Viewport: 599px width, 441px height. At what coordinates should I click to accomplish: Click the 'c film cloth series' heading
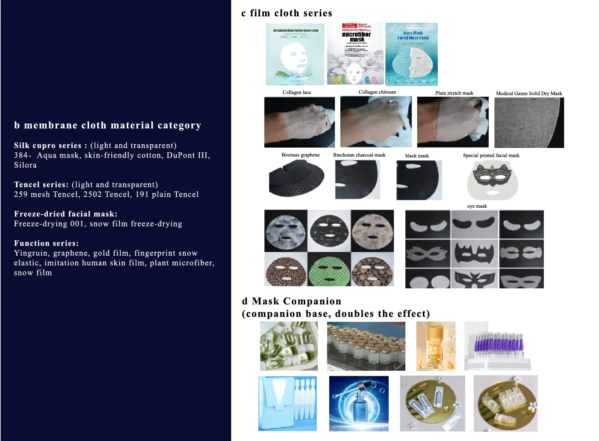(287, 13)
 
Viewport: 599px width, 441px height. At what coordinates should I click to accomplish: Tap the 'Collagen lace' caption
(296, 92)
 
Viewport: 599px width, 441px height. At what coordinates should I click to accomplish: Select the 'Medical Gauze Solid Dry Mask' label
(529, 94)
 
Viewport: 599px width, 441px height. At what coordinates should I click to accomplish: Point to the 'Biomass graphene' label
(300, 155)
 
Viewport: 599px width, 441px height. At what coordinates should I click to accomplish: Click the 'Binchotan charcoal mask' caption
(359, 155)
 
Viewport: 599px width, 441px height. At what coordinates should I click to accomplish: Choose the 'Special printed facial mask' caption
(491, 155)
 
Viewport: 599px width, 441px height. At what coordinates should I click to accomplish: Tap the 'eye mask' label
(477, 206)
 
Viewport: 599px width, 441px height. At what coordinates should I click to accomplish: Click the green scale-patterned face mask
(329, 270)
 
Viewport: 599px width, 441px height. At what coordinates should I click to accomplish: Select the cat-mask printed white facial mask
(492, 180)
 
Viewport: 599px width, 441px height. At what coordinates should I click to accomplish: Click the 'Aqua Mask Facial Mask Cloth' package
(411, 54)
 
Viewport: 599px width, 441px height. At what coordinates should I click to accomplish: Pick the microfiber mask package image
(356, 53)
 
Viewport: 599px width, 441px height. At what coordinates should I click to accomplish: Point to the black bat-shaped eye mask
(475, 254)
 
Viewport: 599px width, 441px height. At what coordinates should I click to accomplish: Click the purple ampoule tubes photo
(498, 346)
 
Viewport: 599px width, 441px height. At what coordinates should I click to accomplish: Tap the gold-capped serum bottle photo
(436, 346)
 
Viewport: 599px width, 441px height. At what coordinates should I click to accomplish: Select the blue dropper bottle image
(359, 404)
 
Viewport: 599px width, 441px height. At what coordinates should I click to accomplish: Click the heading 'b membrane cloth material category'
(107, 126)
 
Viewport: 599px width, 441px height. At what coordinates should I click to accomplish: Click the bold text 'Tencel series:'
(41, 185)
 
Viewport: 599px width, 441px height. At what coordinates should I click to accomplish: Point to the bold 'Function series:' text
(46, 243)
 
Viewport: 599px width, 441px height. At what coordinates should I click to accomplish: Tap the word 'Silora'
(25, 165)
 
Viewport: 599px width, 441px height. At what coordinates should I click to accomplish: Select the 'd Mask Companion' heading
(291, 302)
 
